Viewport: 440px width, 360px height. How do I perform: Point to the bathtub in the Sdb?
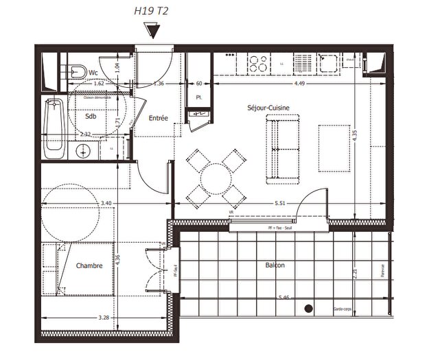pyautogui.click(x=54, y=128)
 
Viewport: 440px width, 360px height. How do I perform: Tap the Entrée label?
pyautogui.click(x=159, y=119)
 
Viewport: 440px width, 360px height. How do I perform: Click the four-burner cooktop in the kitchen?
pyautogui.click(x=259, y=64)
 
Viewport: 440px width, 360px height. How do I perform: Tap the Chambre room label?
pyautogui.click(x=89, y=265)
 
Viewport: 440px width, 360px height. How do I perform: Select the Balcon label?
pyautogui.click(x=275, y=265)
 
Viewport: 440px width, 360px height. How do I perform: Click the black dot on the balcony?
pyautogui.click(x=309, y=309)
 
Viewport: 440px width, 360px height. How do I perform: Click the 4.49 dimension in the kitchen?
pyautogui.click(x=300, y=84)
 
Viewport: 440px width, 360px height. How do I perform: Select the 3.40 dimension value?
pyautogui.click(x=106, y=204)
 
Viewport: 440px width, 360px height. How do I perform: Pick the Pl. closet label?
pyautogui.click(x=199, y=97)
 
